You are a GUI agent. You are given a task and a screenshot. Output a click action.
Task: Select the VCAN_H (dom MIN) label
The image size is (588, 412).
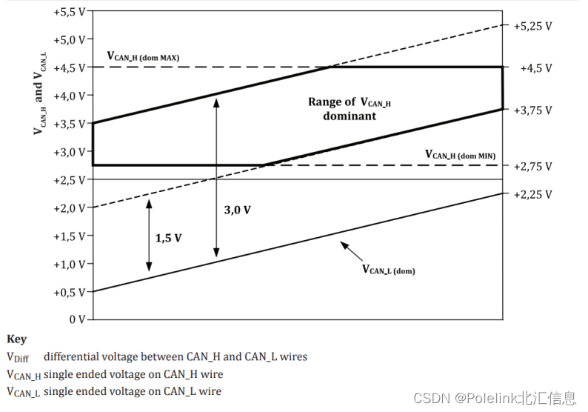click(460, 155)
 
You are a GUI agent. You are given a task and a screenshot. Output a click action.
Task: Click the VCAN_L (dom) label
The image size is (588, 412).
click(388, 270)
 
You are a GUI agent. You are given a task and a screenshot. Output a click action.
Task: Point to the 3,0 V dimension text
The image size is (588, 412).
click(237, 210)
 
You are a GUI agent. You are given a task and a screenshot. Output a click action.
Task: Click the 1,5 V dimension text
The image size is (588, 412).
click(168, 239)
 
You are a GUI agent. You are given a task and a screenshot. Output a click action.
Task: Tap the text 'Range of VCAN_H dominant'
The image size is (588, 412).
click(350, 109)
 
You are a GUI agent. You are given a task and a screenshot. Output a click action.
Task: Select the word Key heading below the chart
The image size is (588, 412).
click(16, 339)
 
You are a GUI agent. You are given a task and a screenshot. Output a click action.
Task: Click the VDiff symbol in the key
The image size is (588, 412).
click(19, 357)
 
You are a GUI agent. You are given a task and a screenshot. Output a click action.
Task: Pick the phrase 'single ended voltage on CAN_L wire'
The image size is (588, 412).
click(133, 391)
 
